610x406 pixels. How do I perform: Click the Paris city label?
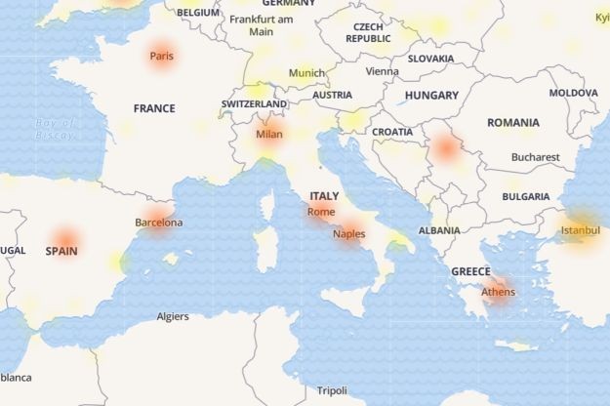[161, 57]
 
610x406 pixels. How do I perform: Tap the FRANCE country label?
[154, 108]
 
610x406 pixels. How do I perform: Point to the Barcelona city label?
[158, 223]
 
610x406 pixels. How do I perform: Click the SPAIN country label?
[61, 251]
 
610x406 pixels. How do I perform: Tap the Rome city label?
[320, 212]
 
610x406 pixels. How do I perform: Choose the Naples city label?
[348, 234]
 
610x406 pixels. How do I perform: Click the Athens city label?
[499, 291]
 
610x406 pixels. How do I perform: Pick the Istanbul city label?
[581, 231]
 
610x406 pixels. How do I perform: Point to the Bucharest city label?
[535, 157]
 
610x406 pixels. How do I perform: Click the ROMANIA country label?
[512, 123]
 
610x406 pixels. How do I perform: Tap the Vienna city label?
[382, 71]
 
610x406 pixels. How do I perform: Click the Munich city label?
[306, 73]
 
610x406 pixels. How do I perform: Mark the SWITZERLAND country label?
[254, 103]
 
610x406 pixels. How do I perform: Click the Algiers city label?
[173, 316]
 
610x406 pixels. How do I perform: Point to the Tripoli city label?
[332, 391]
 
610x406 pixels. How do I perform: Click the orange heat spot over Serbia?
[448, 148]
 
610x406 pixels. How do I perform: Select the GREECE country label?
[470, 271]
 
